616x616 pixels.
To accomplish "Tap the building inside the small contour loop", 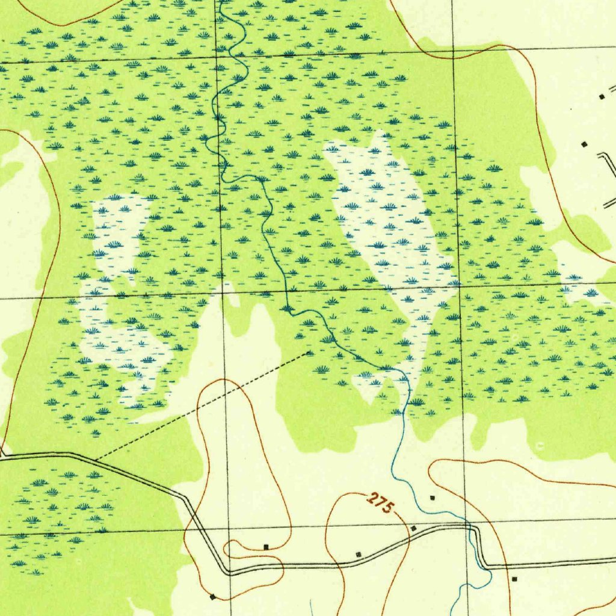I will pyautogui.click(x=266, y=547).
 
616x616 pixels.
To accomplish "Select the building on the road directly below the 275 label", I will pyautogui.click(x=359, y=553).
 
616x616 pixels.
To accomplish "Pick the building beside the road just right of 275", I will pyautogui.click(x=413, y=528).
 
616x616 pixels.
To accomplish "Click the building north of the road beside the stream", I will pyautogui.click(x=432, y=497).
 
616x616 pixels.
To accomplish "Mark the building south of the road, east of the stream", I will pyautogui.click(x=514, y=579).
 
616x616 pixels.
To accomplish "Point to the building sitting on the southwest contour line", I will pyautogui.click(x=212, y=597).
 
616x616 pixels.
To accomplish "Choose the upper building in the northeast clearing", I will pyautogui.click(x=601, y=96).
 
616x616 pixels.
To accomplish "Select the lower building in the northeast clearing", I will pyautogui.click(x=584, y=144).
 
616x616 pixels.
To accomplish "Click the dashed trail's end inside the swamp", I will pyautogui.click(x=309, y=353).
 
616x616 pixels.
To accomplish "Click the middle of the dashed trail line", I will pyautogui.click(x=203, y=406).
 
